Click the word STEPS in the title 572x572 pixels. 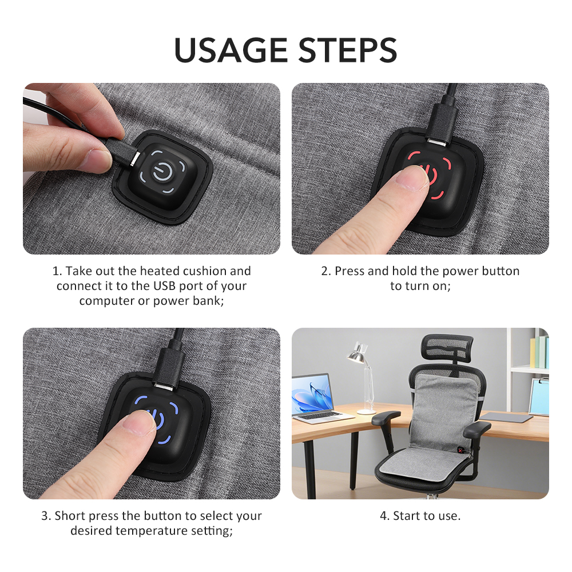pyautogui.click(x=348, y=50)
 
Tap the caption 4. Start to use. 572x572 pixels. pyautogui.click(x=420, y=516)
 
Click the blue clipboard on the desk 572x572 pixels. pyautogui.click(x=539, y=396)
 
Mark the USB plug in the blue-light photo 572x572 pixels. pyautogui.click(x=169, y=368)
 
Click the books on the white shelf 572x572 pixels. pyautogui.click(x=539, y=352)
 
